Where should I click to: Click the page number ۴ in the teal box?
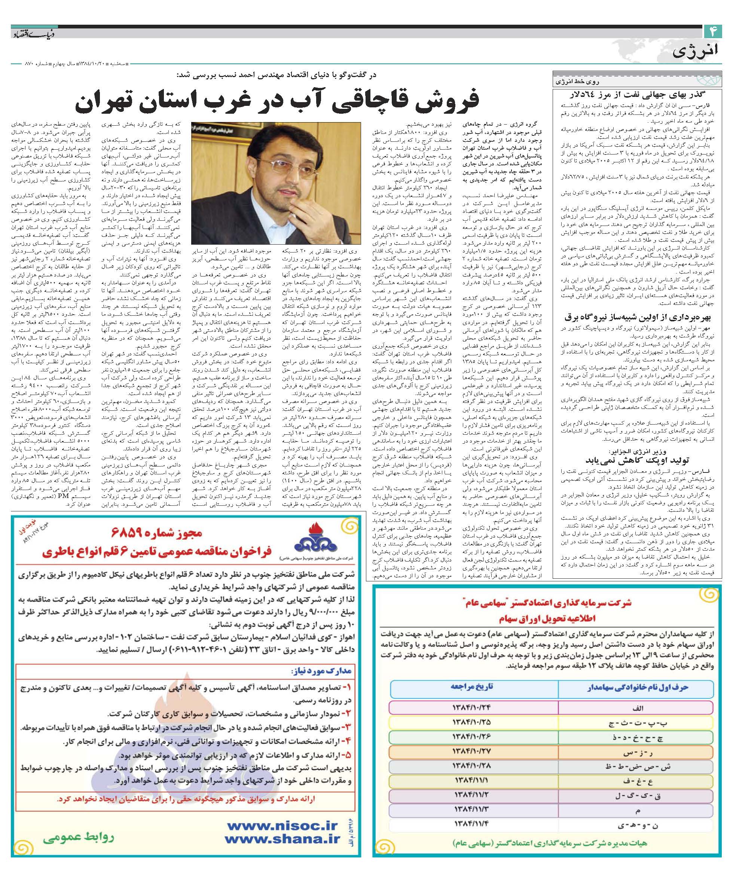point(713,31)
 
